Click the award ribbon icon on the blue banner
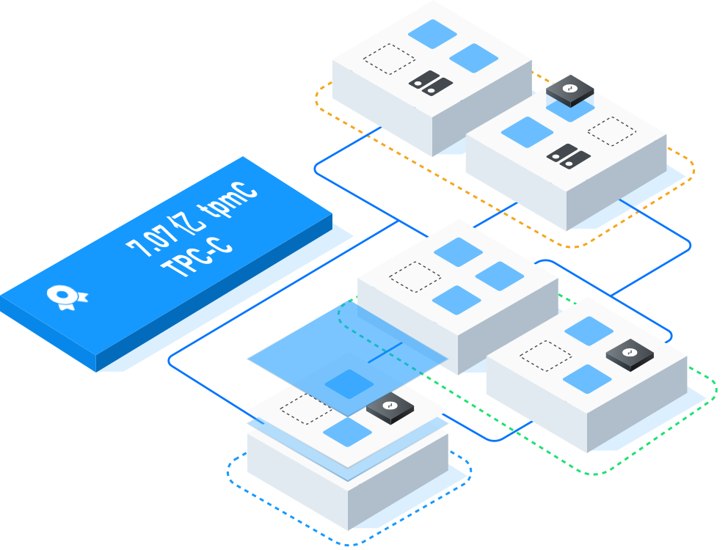tap(66, 296)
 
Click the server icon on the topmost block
tap(429, 81)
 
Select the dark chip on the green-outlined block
tap(630, 354)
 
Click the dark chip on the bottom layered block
tap(390, 408)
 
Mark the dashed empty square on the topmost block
tap(389, 59)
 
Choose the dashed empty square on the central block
tap(415, 276)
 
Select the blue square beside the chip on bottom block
tap(348, 432)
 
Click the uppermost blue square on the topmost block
tap(432, 34)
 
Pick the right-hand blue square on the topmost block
tap(473, 58)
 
